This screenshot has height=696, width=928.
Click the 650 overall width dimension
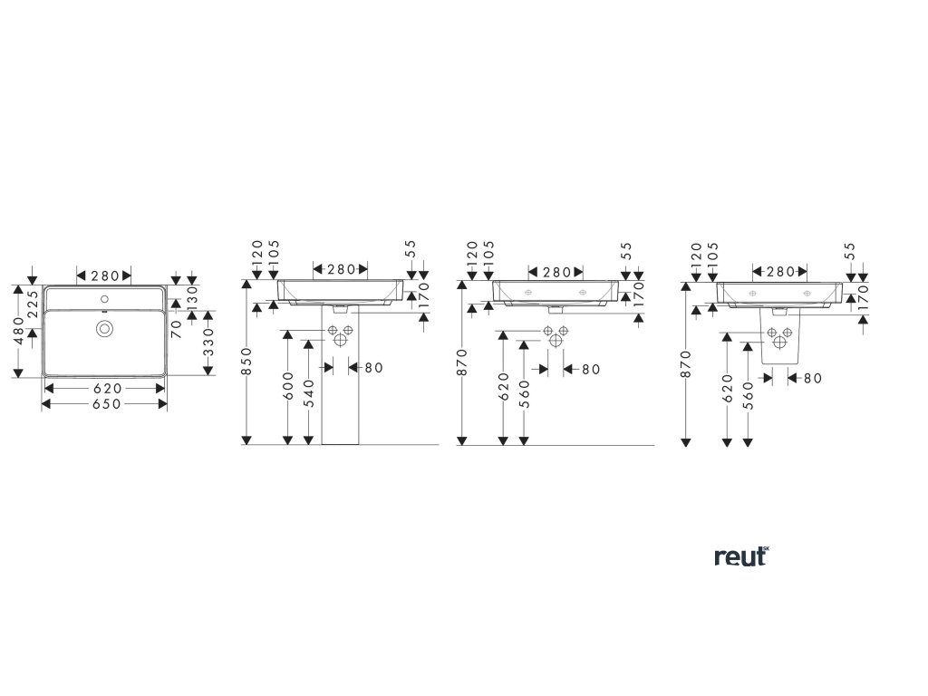pos(105,403)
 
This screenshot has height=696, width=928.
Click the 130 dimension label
pos(191,295)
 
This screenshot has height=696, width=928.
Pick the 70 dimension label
pos(177,327)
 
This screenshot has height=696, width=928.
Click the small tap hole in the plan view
pos(104,298)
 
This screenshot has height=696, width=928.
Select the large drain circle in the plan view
pos(104,328)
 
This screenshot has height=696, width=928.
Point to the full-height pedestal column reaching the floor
pos(340,399)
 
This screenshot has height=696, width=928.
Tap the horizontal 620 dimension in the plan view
pos(105,387)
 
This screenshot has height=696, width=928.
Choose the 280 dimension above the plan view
pos(104,275)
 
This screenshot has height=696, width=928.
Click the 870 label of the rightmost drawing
pos(685,362)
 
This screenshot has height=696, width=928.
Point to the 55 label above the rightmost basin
pos(849,251)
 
